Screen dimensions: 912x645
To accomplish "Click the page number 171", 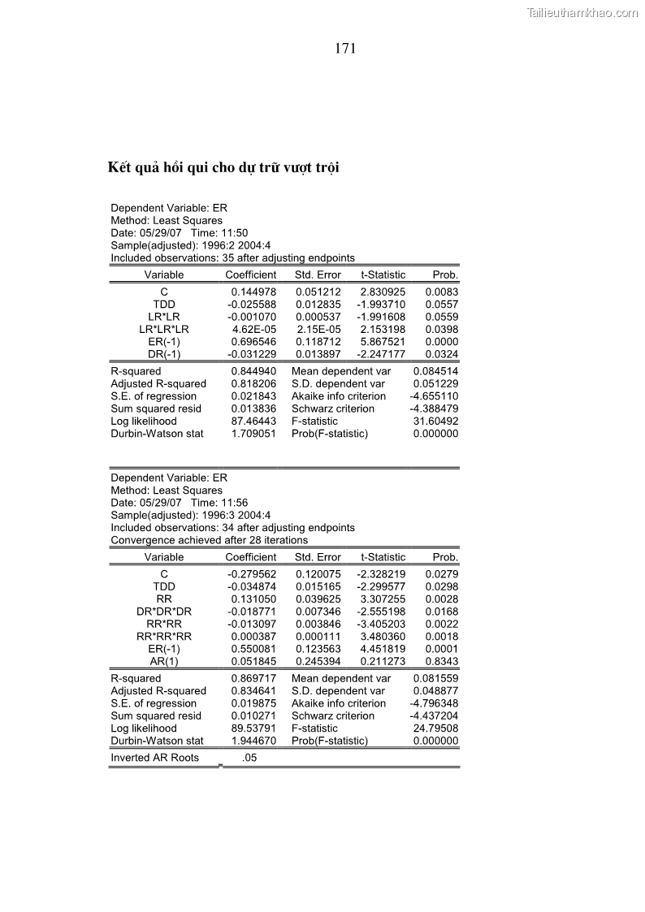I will point(344,49).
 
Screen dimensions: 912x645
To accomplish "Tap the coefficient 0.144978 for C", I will point(253,291).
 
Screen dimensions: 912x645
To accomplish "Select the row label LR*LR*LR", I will point(164,330).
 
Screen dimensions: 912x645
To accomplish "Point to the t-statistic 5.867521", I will point(383,343).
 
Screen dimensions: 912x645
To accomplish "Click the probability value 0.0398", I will point(442,330).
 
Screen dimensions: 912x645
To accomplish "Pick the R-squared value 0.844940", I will point(253,371).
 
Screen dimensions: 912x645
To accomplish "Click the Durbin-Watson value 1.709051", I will point(253,434).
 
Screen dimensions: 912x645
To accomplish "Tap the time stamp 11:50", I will point(236,232).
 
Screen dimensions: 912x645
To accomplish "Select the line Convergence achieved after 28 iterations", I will point(209,540).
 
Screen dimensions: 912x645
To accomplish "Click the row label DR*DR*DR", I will point(164,611).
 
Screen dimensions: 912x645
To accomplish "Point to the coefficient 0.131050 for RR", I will point(253,599).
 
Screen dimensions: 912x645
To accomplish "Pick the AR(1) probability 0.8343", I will point(442,662).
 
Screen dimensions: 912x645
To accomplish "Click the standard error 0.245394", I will point(318,662).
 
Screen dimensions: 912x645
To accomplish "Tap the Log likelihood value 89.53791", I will point(253,728).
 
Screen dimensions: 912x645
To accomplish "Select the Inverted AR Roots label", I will point(154,758).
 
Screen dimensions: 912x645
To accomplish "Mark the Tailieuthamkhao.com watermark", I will point(582,12).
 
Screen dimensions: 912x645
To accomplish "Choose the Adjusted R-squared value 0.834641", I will point(253,691).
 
